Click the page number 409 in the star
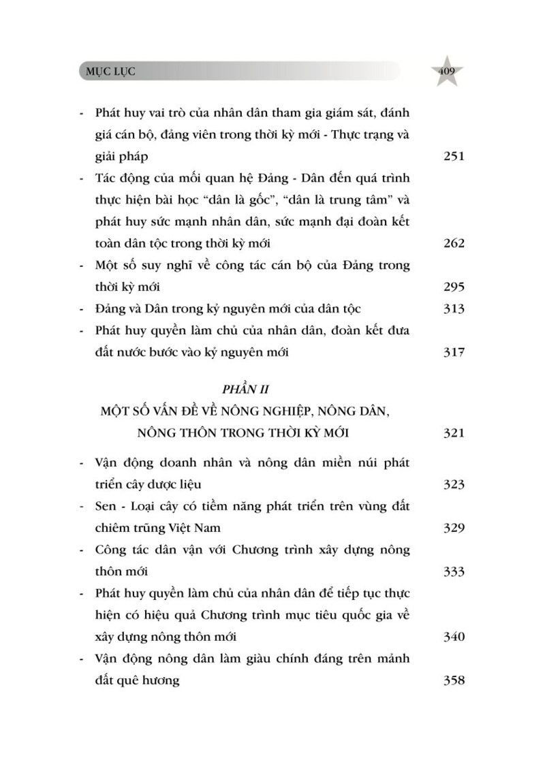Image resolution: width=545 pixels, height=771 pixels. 447,71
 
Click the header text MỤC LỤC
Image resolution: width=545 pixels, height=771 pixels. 107,72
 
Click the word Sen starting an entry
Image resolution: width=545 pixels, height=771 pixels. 106,506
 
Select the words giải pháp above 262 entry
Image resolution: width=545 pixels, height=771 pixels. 121,156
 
